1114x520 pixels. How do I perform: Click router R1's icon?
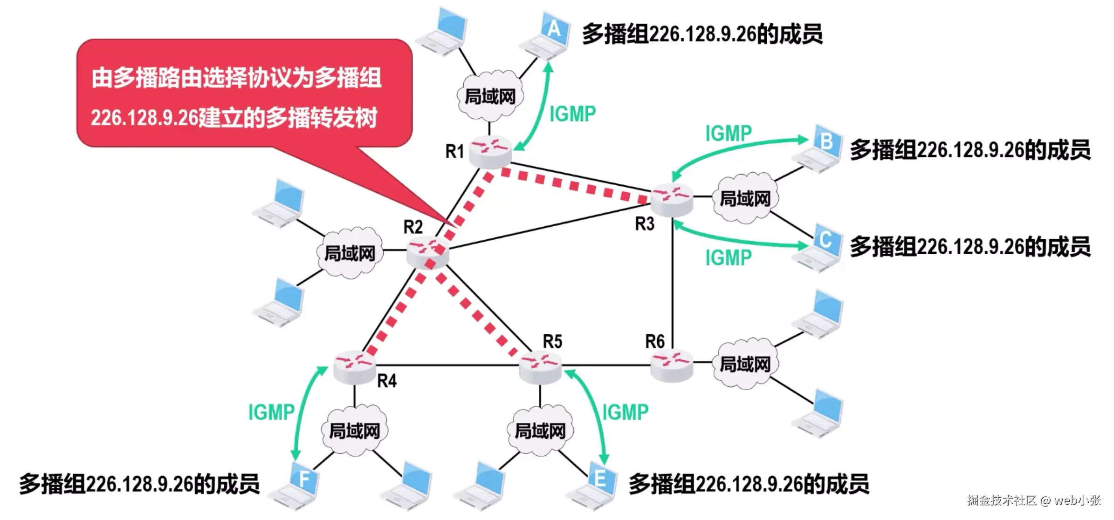(490, 152)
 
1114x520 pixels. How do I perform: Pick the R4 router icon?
(355, 367)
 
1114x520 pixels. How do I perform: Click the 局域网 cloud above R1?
(490, 97)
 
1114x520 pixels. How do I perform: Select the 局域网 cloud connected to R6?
(745, 364)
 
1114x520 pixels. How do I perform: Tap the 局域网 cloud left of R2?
(350, 254)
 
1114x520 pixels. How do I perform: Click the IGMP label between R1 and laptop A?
(572, 114)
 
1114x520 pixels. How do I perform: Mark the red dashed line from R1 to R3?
(573, 186)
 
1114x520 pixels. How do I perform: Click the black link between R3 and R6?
(673, 284)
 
